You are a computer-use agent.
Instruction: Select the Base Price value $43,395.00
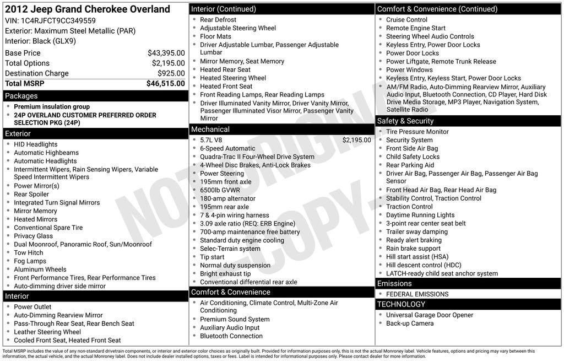[x=166, y=53]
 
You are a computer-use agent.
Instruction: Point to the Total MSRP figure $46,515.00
[x=165, y=83]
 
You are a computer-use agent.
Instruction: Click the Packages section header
[x=21, y=96]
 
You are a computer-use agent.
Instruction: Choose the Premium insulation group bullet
[x=52, y=106]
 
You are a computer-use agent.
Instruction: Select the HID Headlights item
[x=36, y=144]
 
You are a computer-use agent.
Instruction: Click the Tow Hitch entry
[x=29, y=252]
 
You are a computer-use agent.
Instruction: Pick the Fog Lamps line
[x=30, y=261]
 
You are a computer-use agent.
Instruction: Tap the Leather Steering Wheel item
[x=47, y=332]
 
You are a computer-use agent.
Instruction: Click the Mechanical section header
[x=210, y=129]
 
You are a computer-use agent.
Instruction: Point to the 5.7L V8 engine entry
[x=211, y=140]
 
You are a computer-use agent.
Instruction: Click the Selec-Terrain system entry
[x=230, y=249]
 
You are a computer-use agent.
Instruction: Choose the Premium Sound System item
[x=235, y=319]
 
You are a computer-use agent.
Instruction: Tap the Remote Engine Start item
[x=416, y=28]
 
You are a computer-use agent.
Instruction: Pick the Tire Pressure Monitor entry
[x=417, y=132]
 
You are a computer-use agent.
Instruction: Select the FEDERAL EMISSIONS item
[x=417, y=294]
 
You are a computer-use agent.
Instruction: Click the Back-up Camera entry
[x=410, y=324]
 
